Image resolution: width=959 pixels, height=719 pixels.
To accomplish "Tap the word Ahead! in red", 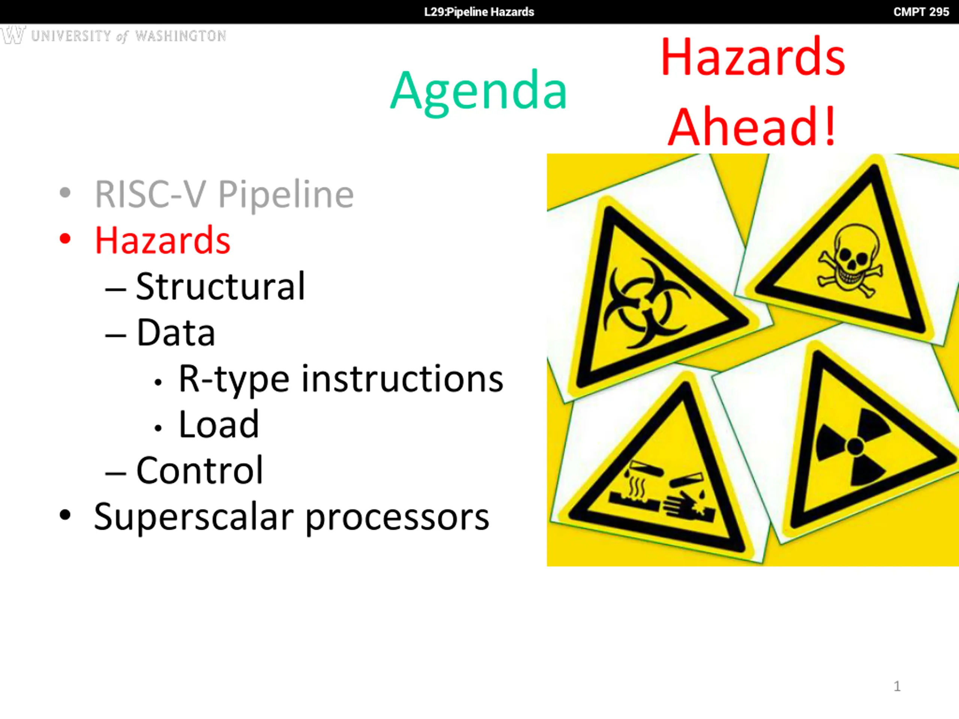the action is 752,127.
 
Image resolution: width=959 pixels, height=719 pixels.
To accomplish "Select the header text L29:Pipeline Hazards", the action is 479,12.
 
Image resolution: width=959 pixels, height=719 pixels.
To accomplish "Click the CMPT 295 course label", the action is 921,12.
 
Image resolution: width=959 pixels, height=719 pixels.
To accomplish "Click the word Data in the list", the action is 176,333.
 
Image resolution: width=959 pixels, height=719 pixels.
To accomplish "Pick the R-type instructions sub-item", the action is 341,379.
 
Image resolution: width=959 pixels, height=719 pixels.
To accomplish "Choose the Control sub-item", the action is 199,470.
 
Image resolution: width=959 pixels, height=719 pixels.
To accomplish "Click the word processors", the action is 397,519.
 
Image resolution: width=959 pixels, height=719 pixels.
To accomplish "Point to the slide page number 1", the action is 897,686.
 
